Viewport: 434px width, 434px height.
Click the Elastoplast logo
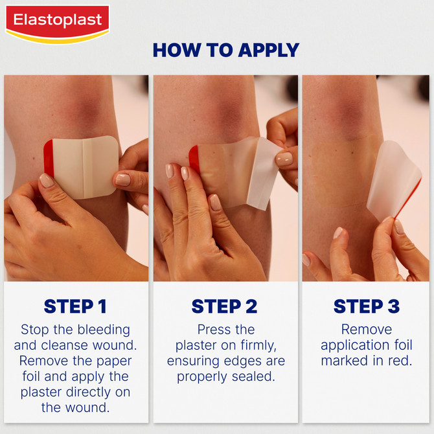[x=57, y=22]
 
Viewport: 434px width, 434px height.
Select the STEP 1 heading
[x=75, y=306]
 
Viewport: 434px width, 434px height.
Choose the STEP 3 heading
[x=366, y=306]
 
